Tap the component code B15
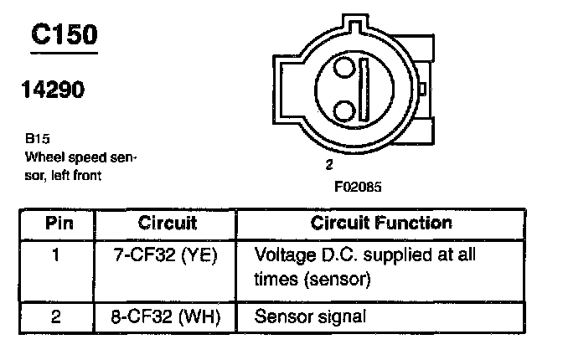37,140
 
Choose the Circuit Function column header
381,224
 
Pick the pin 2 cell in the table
56,317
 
